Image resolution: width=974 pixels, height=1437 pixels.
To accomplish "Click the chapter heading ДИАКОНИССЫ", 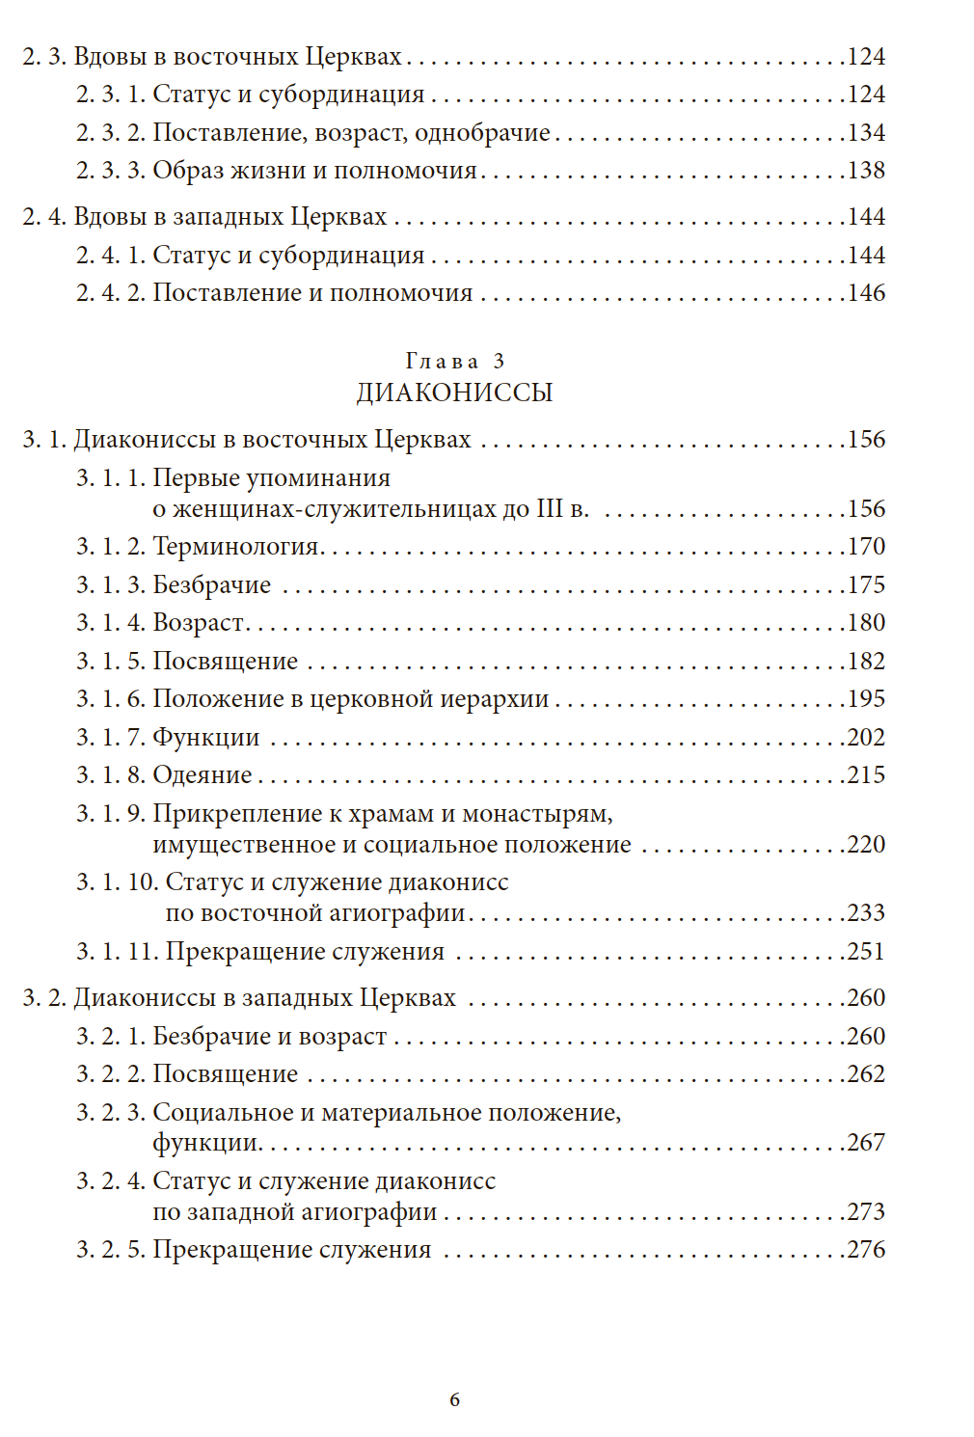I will tap(454, 393).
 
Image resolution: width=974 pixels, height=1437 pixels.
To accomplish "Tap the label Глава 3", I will tap(454, 361).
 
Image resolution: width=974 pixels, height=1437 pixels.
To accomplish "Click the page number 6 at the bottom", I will tap(454, 1399).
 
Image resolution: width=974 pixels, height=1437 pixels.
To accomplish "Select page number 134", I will tap(866, 132).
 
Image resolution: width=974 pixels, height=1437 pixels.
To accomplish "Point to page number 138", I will tap(866, 171).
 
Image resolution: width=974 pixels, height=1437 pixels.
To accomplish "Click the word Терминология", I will tap(236, 547).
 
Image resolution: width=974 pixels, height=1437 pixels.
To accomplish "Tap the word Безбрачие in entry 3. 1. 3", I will tap(212, 584).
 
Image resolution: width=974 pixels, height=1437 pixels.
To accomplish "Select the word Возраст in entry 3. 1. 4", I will tap(199, 623).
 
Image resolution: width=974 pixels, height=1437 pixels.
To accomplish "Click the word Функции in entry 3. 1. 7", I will tap(206, 738).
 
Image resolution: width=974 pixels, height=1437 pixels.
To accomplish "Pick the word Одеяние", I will tap(203, 775).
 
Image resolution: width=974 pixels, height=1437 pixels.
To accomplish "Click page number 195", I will tap(866, 699).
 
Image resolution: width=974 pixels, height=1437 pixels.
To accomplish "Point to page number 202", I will tap(866, 738).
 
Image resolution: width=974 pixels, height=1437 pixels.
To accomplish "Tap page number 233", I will tap(866, 913).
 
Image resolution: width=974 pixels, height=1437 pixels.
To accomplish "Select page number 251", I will tap(866, 952).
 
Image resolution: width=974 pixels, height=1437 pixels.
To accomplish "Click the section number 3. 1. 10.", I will tap(117, 882).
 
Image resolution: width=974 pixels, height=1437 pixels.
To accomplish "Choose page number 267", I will tap(866, 1143).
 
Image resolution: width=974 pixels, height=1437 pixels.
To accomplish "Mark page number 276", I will tap(866, 1250).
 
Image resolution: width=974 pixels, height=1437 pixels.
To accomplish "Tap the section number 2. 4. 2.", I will tap(111, 293).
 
